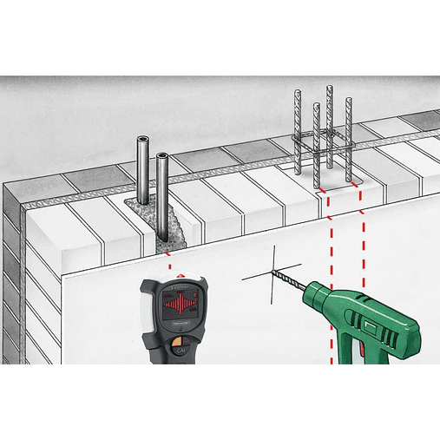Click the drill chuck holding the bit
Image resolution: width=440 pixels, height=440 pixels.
click(318, 296)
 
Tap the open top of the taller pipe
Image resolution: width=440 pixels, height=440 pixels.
click(141, 138)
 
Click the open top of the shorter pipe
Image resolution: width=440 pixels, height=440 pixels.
click(162, 156)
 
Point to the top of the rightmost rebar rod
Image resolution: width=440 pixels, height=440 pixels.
click(349, 100)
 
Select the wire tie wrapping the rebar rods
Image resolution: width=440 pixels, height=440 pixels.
click(323, 136)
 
